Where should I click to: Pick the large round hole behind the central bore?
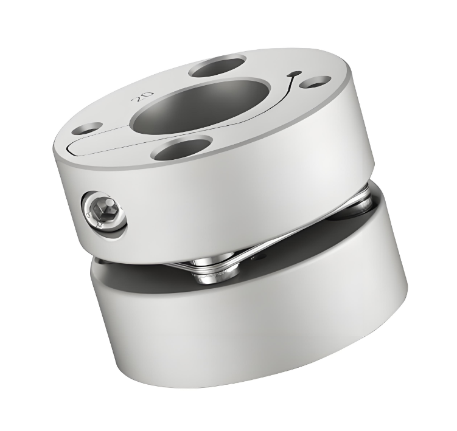point(217,65)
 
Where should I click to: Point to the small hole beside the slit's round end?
point(315,81)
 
